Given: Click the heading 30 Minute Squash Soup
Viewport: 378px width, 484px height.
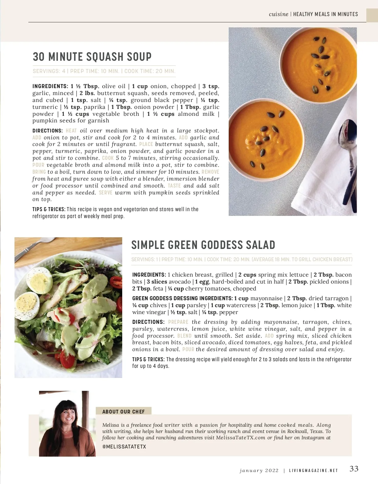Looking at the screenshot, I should (x=92, y=57).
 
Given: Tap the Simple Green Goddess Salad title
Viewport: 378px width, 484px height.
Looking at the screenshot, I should (x=203, y=245).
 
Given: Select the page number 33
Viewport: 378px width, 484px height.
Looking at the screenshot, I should (x=354, y=469).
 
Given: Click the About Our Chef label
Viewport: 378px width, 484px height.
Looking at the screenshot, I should (x=123, y=412).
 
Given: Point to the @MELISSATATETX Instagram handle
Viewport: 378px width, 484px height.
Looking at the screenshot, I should (x=124, y=447).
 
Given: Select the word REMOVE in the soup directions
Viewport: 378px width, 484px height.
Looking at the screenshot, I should (x=210, y=172).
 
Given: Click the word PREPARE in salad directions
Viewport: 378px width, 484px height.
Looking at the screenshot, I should (x=178, y=322).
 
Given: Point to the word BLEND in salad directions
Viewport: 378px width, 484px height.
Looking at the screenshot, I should (x=184, y=336).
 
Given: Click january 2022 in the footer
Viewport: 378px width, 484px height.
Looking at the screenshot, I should (x=259, y=471).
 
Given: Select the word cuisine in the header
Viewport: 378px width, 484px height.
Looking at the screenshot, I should (x=278, y=14).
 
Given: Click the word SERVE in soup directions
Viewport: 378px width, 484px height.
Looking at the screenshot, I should (x=106, y=193).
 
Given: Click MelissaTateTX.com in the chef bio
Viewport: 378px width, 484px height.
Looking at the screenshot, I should (x=241, y=437).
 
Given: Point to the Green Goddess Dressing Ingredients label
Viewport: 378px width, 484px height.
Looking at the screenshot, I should (x=182, y=298).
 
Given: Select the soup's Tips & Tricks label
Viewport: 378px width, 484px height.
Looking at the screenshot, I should (x=49, y=209).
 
